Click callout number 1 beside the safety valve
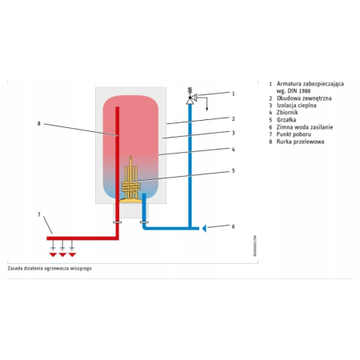click(x=234, y=94)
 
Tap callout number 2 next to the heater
click(x=234, y=119)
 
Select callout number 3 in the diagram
click(x=234, y=133)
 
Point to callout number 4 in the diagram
click(x=234, y=150)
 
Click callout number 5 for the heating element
click(x=234, y=170)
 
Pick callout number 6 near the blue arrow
click(x=234, y=226)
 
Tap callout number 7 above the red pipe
click(x=39, y=214)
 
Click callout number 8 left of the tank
click(x=39, y=124)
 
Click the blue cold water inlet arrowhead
click(x=204, y=229)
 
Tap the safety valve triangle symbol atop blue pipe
click(x=190, y=101)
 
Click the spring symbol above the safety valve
click(x=190, y=90)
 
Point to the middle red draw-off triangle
click(x=62, y=255)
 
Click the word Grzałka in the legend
click(x=286, y=120)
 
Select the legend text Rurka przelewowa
click(x=300, y=142)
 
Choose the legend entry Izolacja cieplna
click(x=297, y=106)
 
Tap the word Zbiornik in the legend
click(x=287, y=113)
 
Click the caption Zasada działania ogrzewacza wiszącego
click(x=50, y=268)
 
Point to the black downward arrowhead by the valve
click(x=207, y=109)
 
